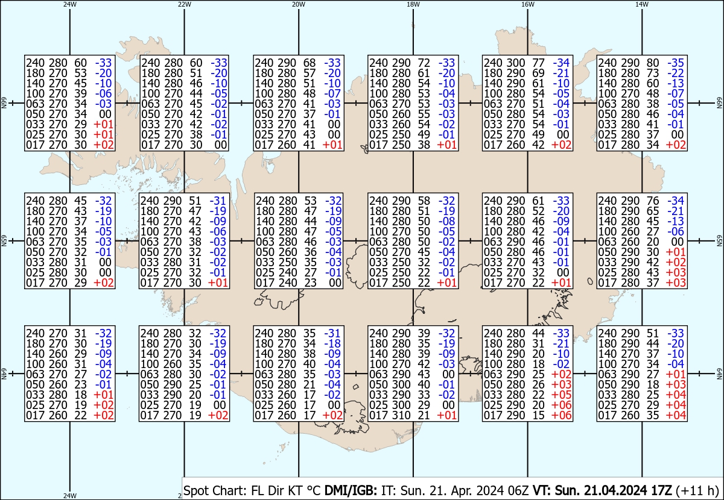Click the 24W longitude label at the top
pyautogui.click(x=70, y=4)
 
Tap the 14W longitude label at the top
pyautogui.click(x=642, y=4)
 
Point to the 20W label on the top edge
pyautogui.click(x=299, y=4)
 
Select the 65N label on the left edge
pyautogui.click(x=4, y=241)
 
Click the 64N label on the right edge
pyautogui.click(x=719, y=375)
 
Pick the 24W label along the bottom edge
pyautogui.click(x=70, y=496)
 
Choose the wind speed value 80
pyautogui.click(x=653, y=63)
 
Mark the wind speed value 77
pyautogui.click(x=538, y=63)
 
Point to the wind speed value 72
pyautogui.click(x=424, y=63)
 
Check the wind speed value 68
pyautogui.click(x=309, y=63)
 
